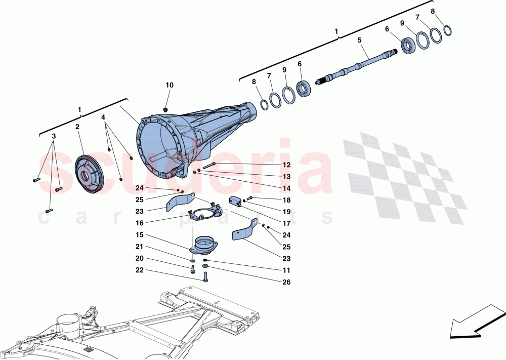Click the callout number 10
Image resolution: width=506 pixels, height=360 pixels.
pyautogui.click(x=169, y=85)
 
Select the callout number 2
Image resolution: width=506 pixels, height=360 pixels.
pyautogui.click(x=77, y=127)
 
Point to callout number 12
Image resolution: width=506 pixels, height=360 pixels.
pyautogui.click(x=286, y=165)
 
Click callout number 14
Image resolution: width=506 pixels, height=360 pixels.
pyautogui.click(x=286, y=188)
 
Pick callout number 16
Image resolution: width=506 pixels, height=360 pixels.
pyautogui.click(x=139, y=222)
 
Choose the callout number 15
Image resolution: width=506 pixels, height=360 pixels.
pyautogui.click(x=139, y=234)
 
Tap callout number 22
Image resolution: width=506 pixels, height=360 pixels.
pyautogui.click(x=139, y=270)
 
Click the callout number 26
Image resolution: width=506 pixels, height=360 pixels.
pyautogui.click(x=286, y=282)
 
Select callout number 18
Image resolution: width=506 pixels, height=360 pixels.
pyautogui.click(x=286, y=201)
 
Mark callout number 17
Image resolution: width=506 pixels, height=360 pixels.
pyautogui.click(x=286, y=222)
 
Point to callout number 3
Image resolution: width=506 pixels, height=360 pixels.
pyautogui.click(x=54, y=136)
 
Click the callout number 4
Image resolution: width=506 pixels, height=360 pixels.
pyautogui.click(x=103, y=117)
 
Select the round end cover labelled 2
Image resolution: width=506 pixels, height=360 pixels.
pyautogui.click(x=90, y=174)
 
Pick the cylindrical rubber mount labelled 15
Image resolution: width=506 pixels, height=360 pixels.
pyautogui.click(x=202, y=244)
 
